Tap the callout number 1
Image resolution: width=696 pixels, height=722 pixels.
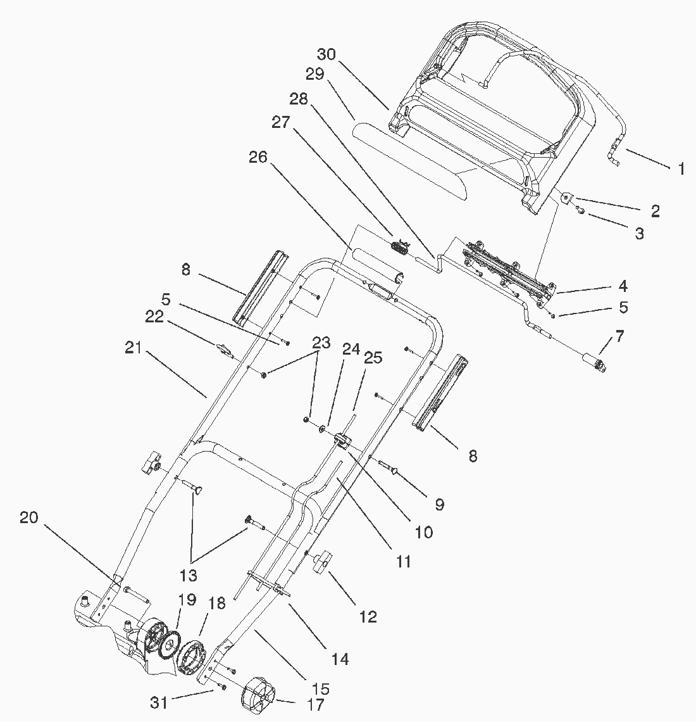681,168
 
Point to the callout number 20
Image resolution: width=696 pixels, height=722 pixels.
29,517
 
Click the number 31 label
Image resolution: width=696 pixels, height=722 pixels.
159,702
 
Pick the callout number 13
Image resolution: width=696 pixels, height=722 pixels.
189,576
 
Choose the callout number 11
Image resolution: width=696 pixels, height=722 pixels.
403,560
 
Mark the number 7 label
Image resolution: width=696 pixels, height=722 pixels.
619,336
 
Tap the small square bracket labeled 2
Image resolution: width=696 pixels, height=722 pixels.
566,198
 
